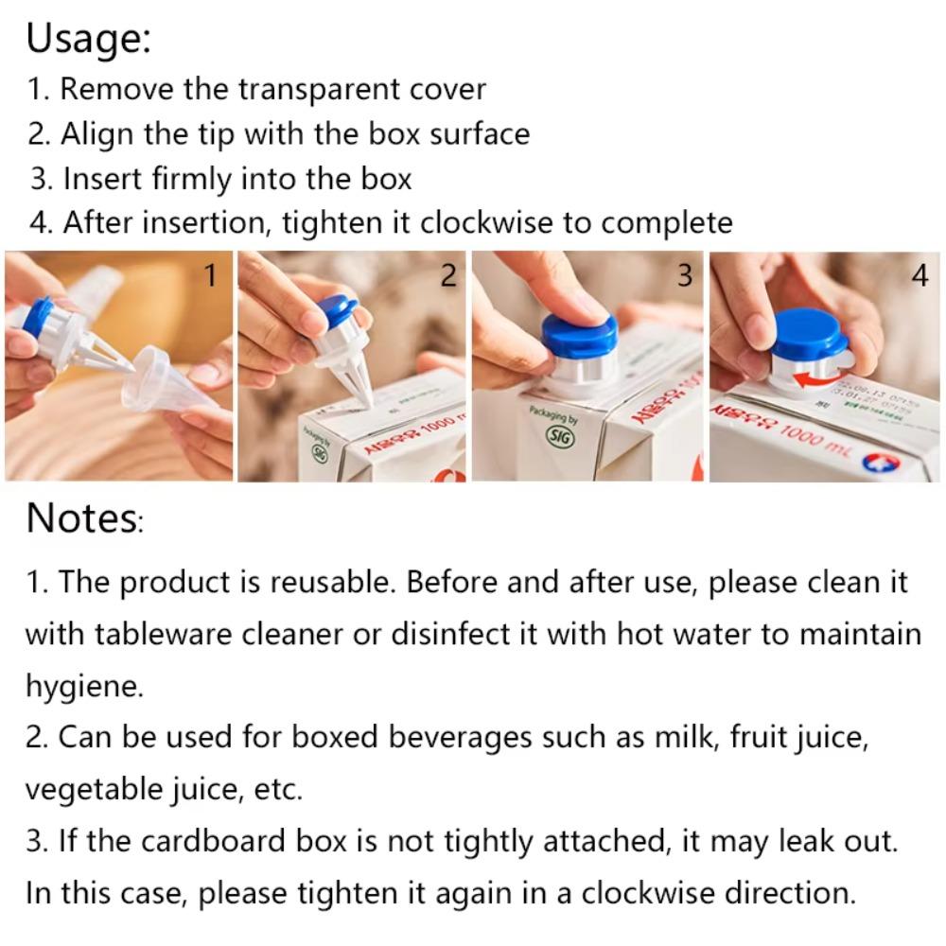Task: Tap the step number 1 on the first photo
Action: click(x=211, y=274)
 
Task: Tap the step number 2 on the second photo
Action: click(x=448, y=274)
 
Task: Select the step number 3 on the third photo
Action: click(x=685, y=274)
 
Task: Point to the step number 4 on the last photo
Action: click(x=920, y=274)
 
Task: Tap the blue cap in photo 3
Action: click(x=579, y=333)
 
